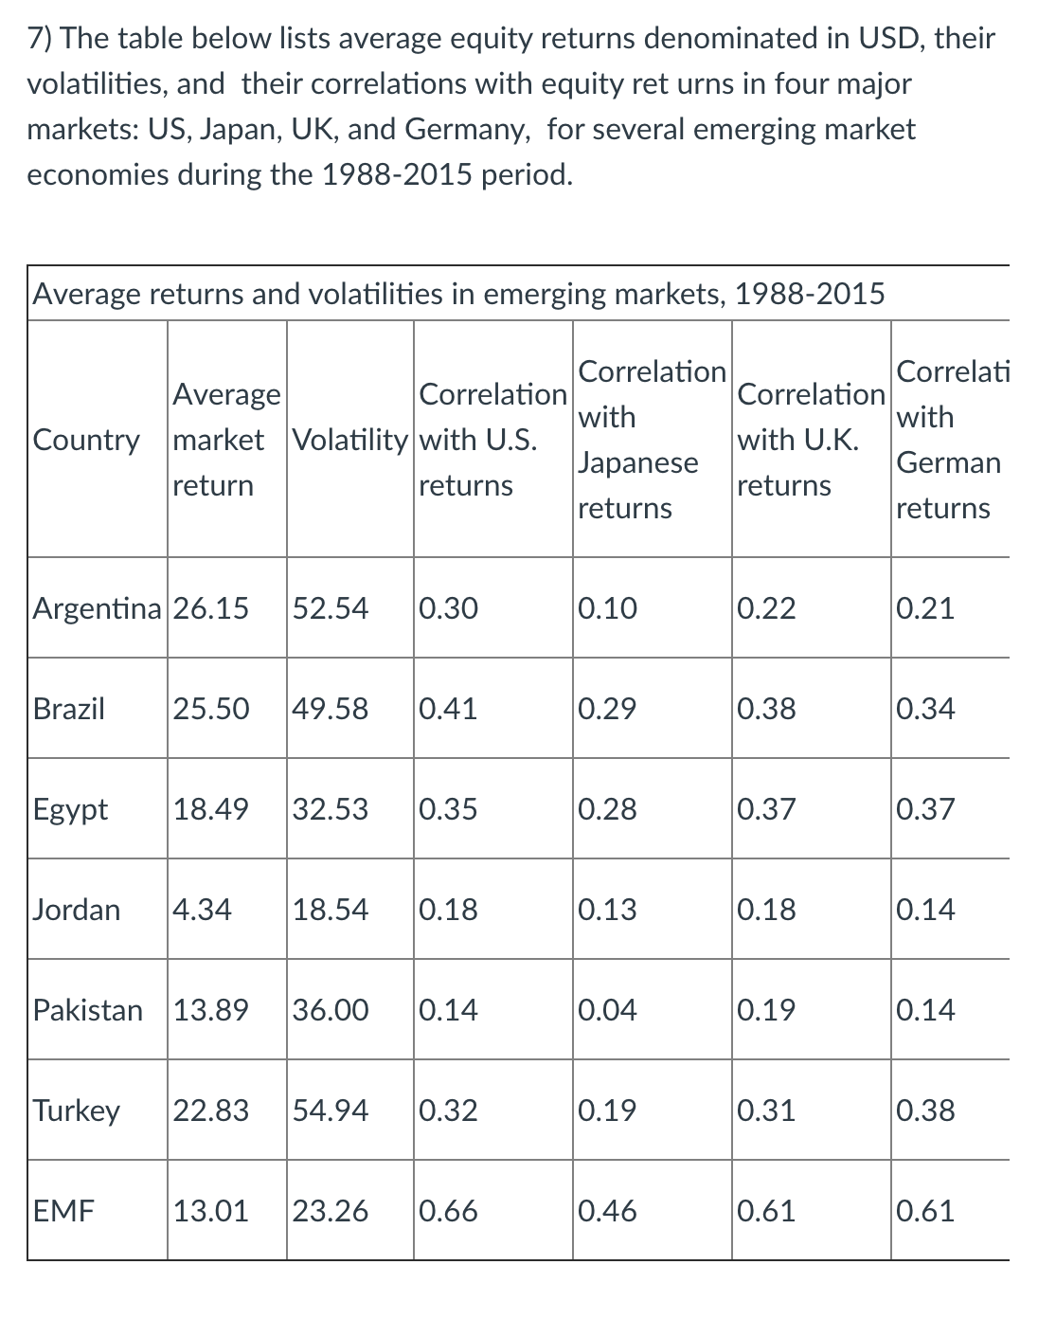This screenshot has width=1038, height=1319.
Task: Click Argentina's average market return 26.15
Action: pos(210,608)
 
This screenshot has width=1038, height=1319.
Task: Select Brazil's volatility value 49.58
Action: pos(331,709)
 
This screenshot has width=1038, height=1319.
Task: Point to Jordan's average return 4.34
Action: pos(202,910)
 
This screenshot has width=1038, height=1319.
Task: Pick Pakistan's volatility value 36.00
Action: pos(331,1010)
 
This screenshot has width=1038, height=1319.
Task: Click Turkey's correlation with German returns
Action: pos(925,1111)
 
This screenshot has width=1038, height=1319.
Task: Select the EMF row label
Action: pos(63,1211)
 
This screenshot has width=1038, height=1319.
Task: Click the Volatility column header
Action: pos(349,440)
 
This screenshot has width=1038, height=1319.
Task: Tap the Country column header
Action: pos(86,440)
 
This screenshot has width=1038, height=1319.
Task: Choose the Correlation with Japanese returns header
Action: pos(652,440)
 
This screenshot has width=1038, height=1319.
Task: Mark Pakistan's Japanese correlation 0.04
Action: pos(607,1010)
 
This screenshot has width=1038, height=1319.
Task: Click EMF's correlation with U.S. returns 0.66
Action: pos(448,1211)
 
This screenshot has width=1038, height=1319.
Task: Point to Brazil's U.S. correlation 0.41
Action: pos(448,709)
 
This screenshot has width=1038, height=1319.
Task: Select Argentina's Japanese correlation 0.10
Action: pos(607,608)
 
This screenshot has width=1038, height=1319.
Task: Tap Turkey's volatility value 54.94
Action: pos(331,1111)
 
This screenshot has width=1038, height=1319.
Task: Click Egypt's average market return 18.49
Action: pos(210,809)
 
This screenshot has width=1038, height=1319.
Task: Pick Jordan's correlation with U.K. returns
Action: pos(766,910)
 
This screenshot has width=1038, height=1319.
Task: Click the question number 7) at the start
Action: pos(40,39)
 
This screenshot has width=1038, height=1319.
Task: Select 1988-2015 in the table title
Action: pos(810,295)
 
